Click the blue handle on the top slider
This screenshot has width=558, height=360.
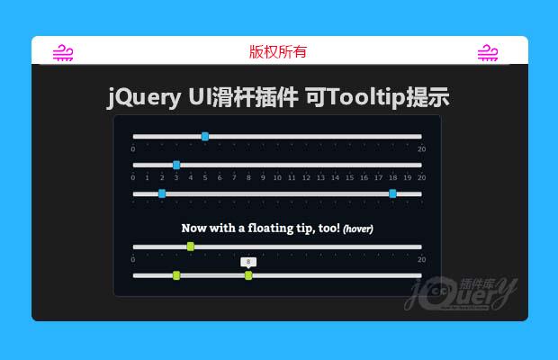click(x=205, y=136)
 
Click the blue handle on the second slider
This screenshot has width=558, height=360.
click(x=176, y=165)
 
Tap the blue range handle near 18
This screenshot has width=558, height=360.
click(x=392, y=193)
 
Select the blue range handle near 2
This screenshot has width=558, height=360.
click(x=162, y=193)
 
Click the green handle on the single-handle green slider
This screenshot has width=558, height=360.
click(x=190, y=247)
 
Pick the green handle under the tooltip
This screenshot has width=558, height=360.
click(x=248, y=275)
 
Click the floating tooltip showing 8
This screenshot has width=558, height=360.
click(x=248, y=262)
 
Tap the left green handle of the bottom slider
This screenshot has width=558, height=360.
click(x=176, y=275)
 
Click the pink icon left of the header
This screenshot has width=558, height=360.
click(x=63, y=52)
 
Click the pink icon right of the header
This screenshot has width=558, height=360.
click(x=488, y=52)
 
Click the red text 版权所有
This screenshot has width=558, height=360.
click(x=278, y=52)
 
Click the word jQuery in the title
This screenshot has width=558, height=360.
click(x=143, y=98)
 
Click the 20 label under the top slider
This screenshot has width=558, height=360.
click(x=421, y=148)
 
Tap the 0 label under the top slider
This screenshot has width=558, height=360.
click(x=133, y=148)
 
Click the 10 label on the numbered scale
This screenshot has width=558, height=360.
click(x=277, y=178)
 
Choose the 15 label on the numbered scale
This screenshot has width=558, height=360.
click(x=349, y=178)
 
